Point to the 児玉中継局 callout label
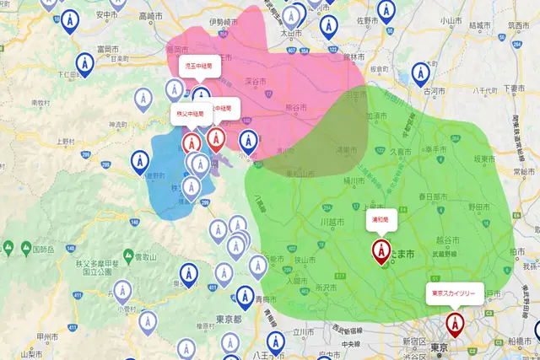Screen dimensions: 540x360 point(200,64)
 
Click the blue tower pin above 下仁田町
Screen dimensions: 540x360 point(84,63)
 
